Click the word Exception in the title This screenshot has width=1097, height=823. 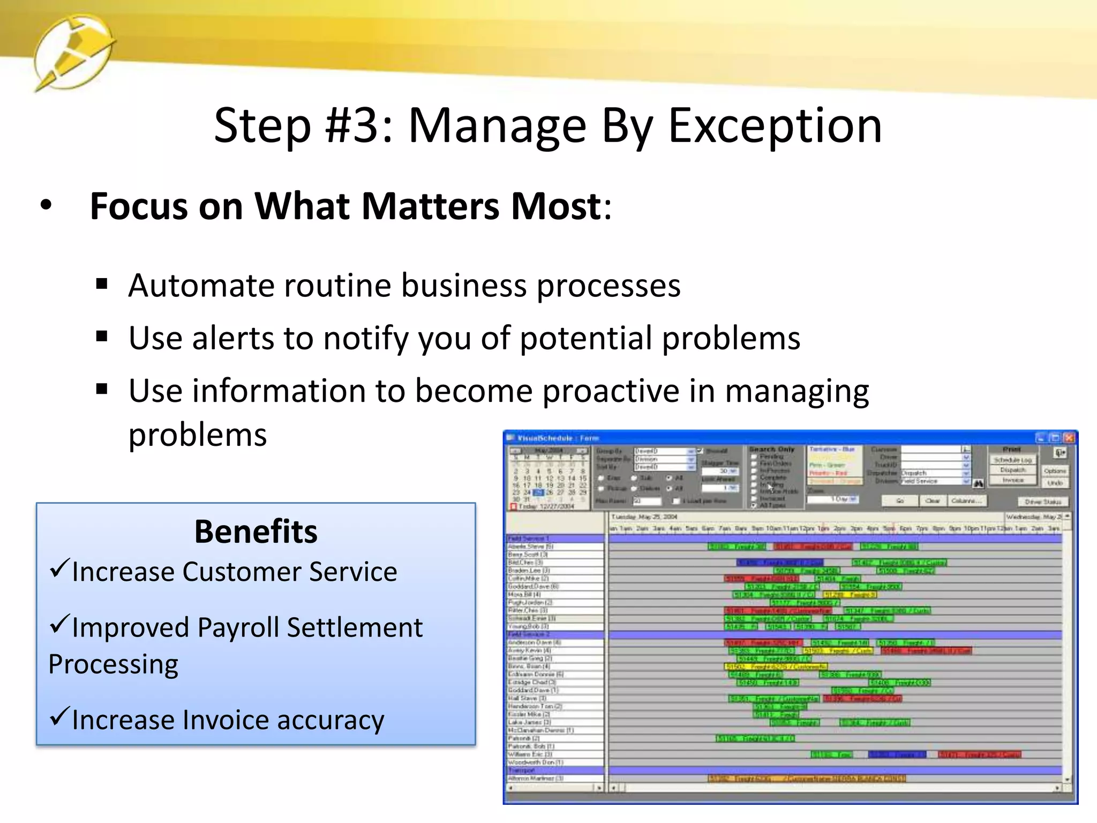click(775, 126)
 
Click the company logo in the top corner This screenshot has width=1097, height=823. click(74, 53)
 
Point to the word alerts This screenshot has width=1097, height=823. click(232, 338)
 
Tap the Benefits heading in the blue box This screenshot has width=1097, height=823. click(256, 532)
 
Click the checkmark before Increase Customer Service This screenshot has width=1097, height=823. click(59, 568)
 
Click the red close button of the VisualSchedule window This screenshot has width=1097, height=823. click(1069, 438)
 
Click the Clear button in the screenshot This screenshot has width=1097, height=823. click(933, 500)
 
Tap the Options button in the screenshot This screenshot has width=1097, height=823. click(1055, 470)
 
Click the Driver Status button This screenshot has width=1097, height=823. click(1042, 502)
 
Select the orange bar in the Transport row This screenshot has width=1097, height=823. click(806, 778)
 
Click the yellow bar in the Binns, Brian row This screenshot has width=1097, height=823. click(775, 667)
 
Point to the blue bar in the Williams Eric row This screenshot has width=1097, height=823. click(896, 754)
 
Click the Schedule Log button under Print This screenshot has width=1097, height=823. click(1012, 460)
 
